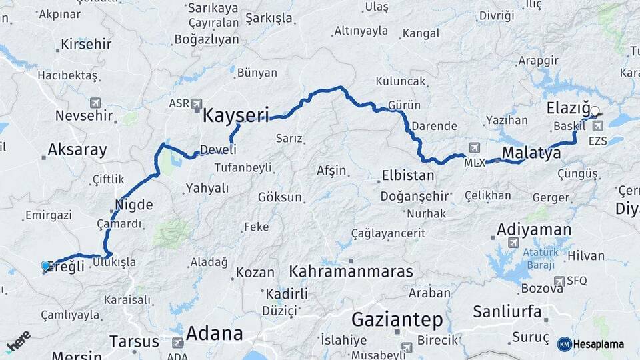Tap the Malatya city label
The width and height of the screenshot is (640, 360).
coord(531,153)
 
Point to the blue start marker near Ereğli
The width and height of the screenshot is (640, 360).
coord(45,266)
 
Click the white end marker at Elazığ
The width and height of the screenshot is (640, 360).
coord(595,111)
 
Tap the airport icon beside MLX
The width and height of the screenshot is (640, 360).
coord(474,147)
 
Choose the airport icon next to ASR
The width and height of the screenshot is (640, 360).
coord(197,104)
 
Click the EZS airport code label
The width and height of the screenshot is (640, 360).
coord(597,141)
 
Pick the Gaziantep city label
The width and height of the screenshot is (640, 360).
coord(397,319)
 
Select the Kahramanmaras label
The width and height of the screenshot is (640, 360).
coord(351,272)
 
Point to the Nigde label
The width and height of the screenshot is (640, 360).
coord(134,204)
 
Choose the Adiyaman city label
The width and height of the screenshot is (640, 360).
coord(533,230)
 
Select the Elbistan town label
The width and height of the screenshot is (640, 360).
coord(407,176)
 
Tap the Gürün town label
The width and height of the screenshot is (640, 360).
coord(404,105)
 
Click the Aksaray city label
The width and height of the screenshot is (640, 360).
coord(77,149)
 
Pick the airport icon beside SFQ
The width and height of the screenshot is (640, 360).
coord(559,281)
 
